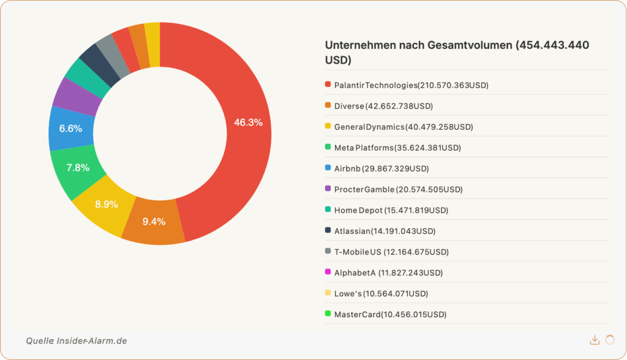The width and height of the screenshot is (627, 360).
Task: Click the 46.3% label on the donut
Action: pos(248,122)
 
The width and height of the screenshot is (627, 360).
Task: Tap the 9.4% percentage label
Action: pos(154,222)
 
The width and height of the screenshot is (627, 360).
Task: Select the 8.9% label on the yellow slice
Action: pos(107,204)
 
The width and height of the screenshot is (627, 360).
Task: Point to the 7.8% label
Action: pos(78,168)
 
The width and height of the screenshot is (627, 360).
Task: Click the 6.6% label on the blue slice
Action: pos(70,129)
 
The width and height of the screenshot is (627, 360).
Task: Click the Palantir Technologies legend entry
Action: pos(411,85)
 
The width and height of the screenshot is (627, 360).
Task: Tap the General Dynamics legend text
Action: pos(404,127)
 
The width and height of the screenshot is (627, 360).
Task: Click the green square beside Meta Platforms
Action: pos(328,148)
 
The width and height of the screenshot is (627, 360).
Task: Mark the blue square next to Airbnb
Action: pos(328,168)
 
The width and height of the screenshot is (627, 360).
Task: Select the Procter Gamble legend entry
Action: pos(398,189)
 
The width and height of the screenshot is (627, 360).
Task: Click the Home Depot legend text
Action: pos(391,210)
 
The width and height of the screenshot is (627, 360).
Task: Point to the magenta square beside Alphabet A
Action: pos(328,272)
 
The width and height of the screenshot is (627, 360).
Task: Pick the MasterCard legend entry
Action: pos(390,314)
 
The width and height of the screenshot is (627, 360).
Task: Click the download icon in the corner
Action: pos(594,340)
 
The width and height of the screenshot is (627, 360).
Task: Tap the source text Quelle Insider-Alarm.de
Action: pos(77,340)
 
